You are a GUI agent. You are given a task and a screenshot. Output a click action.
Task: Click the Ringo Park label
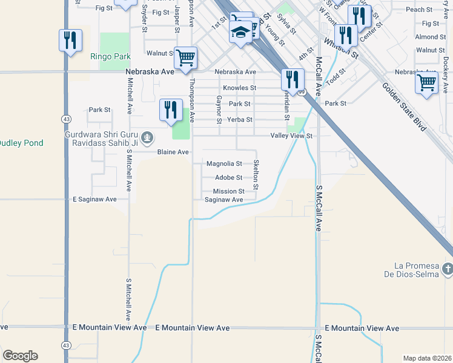[x=110, y=56]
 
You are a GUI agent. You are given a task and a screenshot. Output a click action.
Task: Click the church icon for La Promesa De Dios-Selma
[x=448, y=268]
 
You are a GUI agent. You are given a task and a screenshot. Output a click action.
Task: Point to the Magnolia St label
[x=224, y=163]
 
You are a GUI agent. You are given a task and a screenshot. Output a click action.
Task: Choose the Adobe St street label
[x=228, y=178]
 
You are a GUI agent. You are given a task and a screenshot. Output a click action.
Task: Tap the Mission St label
[x=228, y=191]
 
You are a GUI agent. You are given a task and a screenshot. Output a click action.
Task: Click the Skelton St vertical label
[x=256, y=174]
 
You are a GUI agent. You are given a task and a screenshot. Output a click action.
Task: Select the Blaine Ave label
[x=173, y=152]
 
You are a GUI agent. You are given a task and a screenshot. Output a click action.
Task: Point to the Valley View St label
[x=291, y=136]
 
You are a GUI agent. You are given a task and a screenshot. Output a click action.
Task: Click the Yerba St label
[x=239, y=120]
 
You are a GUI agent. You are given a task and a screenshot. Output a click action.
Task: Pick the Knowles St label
[x=239, y=88]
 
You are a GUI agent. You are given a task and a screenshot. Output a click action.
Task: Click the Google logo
[x=20, y=356]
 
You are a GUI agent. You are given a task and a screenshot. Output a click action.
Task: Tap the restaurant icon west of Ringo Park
[x=70, y=41]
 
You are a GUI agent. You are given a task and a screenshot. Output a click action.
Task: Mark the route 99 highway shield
[x=300, y=93]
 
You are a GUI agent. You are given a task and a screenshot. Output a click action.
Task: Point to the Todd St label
[x=335, y=77]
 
